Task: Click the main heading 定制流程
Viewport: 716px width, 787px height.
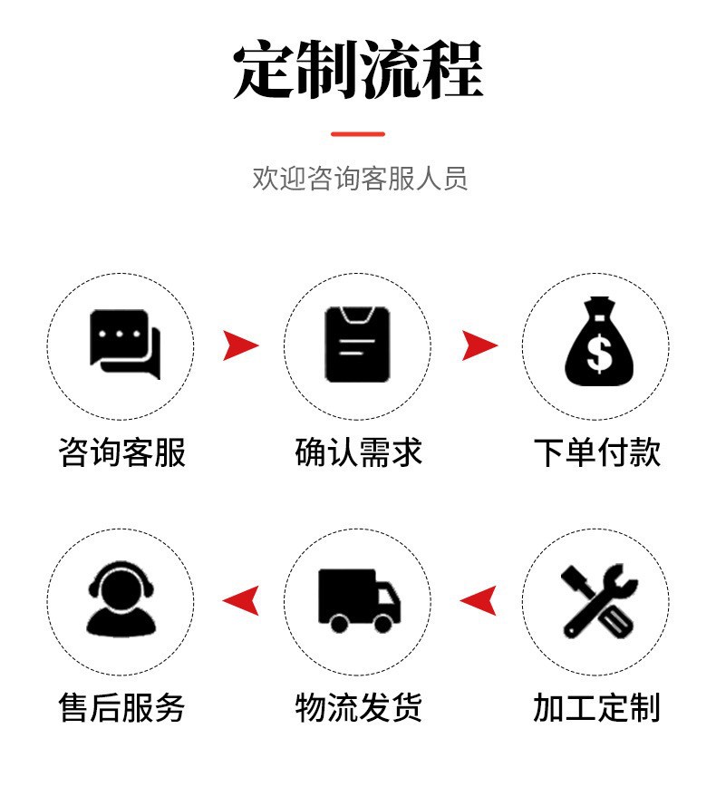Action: click(x=358, y=71)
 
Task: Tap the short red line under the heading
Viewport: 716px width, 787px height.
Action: click(x=358, y=134)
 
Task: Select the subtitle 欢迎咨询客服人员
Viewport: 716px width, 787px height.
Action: click(x=360, y=178)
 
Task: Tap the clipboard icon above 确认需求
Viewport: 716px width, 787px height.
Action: click(x=358, y=344)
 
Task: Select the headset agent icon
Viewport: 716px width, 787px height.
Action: click(x=121, y=598)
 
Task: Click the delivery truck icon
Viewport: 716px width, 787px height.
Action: click(x=359, y=599)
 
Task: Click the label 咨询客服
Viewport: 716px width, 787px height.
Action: click(x=121, y=452)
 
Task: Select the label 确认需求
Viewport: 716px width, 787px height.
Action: click(x=359, y=452)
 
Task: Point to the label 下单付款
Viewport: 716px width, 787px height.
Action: click(x=597, y=452)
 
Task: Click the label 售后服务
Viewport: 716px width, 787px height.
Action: click(x=121, y=707)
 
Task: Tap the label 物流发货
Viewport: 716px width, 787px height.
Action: click(x=359, y=707)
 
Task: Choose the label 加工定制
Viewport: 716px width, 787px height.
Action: click(x=596, y=707)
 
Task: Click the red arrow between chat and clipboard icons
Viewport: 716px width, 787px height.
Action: click(x=240, y=345)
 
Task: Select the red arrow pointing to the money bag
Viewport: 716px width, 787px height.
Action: click(x=479, y=345)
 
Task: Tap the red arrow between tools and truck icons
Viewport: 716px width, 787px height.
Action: click(x=479, y=599)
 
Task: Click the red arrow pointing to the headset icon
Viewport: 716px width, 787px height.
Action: click(x=241, y=599)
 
